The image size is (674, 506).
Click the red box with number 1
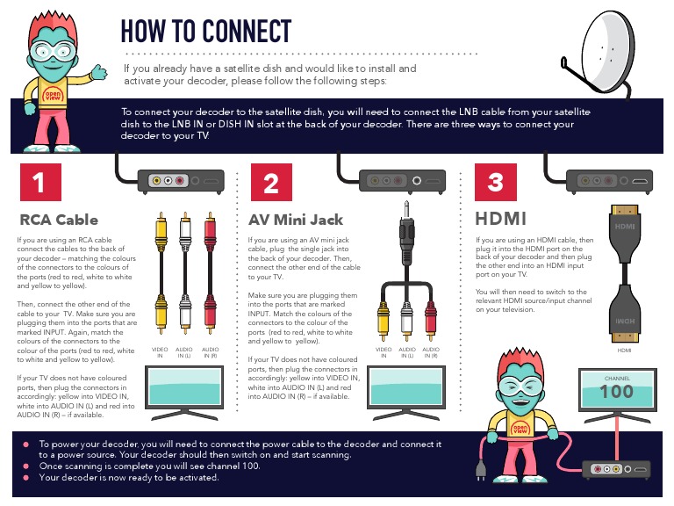click(39, 183)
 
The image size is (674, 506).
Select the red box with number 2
click(271, 183)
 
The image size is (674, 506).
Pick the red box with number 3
click(496, 183)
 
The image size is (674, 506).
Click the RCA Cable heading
click(59, 220)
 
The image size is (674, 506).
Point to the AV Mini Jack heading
click(295, 220)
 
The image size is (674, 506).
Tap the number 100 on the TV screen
click(616, 392)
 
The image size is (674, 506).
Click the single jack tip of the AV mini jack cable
click(406, 209)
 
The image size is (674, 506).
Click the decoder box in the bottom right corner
click(619, 473)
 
